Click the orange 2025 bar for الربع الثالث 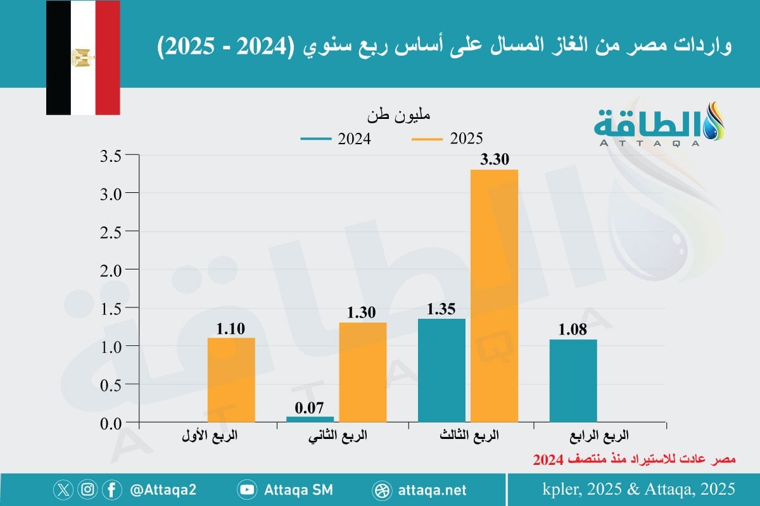494,296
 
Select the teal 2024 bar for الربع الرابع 573,381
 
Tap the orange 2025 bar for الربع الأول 231,379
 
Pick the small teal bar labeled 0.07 310,419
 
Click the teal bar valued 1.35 441,370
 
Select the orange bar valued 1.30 362,372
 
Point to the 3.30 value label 495,160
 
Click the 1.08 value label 573,330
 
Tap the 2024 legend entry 336,139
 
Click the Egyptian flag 83,58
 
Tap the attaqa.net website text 434,490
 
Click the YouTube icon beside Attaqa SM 246,490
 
